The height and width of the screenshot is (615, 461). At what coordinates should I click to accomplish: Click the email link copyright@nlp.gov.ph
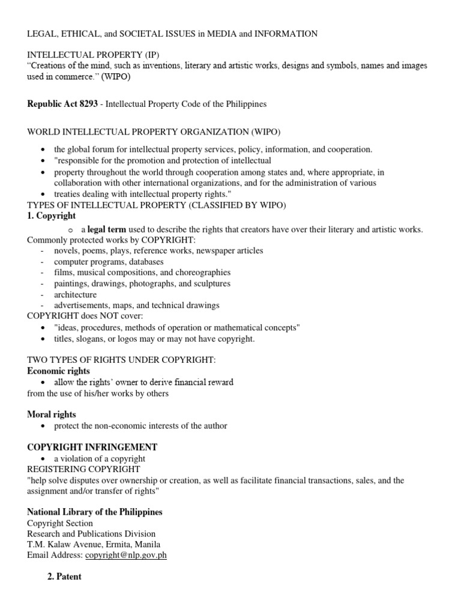(125, 555)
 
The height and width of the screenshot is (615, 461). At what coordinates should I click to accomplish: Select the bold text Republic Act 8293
(62, 104)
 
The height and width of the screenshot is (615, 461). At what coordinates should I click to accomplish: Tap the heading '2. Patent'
(64, 577)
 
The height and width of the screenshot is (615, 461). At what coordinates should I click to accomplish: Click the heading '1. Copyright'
(52, 216)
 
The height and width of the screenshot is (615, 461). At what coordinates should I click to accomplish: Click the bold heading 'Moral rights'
(52, 414)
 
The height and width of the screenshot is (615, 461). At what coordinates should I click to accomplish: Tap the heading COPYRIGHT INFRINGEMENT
(92, 447)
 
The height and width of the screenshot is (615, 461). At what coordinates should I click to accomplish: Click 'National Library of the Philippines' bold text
(95, 512)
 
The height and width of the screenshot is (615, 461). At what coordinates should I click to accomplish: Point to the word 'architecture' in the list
(75, 295)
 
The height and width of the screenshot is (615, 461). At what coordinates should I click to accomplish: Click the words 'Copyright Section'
(60, 523)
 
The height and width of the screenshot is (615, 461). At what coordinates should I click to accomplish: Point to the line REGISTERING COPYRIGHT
(83, 468)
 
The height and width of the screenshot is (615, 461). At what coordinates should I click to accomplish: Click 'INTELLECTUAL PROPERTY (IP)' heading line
(93, 55)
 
